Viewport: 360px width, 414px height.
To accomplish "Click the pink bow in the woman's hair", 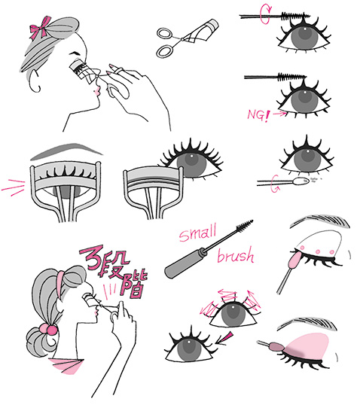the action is (40, 27).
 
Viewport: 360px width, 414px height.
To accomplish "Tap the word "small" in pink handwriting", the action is (198, 233).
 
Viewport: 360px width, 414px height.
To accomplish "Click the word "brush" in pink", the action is (235, 254).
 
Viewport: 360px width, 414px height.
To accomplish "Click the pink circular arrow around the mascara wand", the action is (265, 14).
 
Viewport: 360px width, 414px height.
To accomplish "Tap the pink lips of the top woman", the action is (97, 91).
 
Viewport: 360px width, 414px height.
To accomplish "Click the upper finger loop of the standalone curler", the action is (164, 34).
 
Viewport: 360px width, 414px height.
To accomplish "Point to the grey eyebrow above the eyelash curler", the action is (66, 151).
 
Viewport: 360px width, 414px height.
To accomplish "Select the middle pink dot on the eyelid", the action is (318, 251).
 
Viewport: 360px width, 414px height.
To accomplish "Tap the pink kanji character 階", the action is (133, 284).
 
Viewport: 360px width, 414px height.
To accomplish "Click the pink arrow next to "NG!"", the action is (279, 114).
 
